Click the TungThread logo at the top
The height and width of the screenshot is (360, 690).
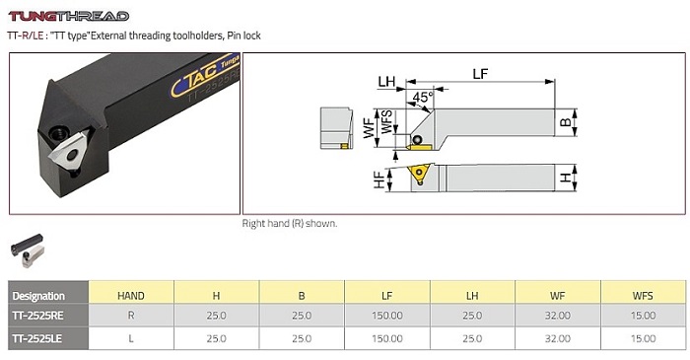click(x=69, y=17)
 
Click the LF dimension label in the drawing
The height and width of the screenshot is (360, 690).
click(x=480, y=74)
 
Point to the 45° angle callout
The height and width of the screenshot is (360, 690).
click(x=423, y=97)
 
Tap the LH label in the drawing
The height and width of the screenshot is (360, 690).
click(x=386, y=82)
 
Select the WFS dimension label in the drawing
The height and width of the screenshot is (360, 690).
click(x=386, y=122)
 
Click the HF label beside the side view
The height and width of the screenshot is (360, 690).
click(x=379, y=180)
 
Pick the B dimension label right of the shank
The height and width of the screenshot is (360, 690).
click(x=566, y=122)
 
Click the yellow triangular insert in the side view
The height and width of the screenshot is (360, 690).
click(x=418, y=173)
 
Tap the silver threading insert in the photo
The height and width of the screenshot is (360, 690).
click(x=68, y=151)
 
